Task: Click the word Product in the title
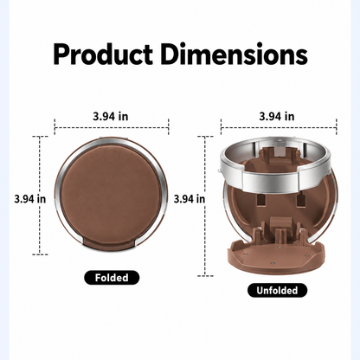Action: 103,55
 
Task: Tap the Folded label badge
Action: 112,278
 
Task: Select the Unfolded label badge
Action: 277,290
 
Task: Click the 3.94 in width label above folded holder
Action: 111,117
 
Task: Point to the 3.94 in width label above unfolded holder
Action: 277,117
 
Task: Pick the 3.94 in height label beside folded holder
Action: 30,199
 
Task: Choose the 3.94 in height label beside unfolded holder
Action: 190,199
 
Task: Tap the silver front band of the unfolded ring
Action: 270,179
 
